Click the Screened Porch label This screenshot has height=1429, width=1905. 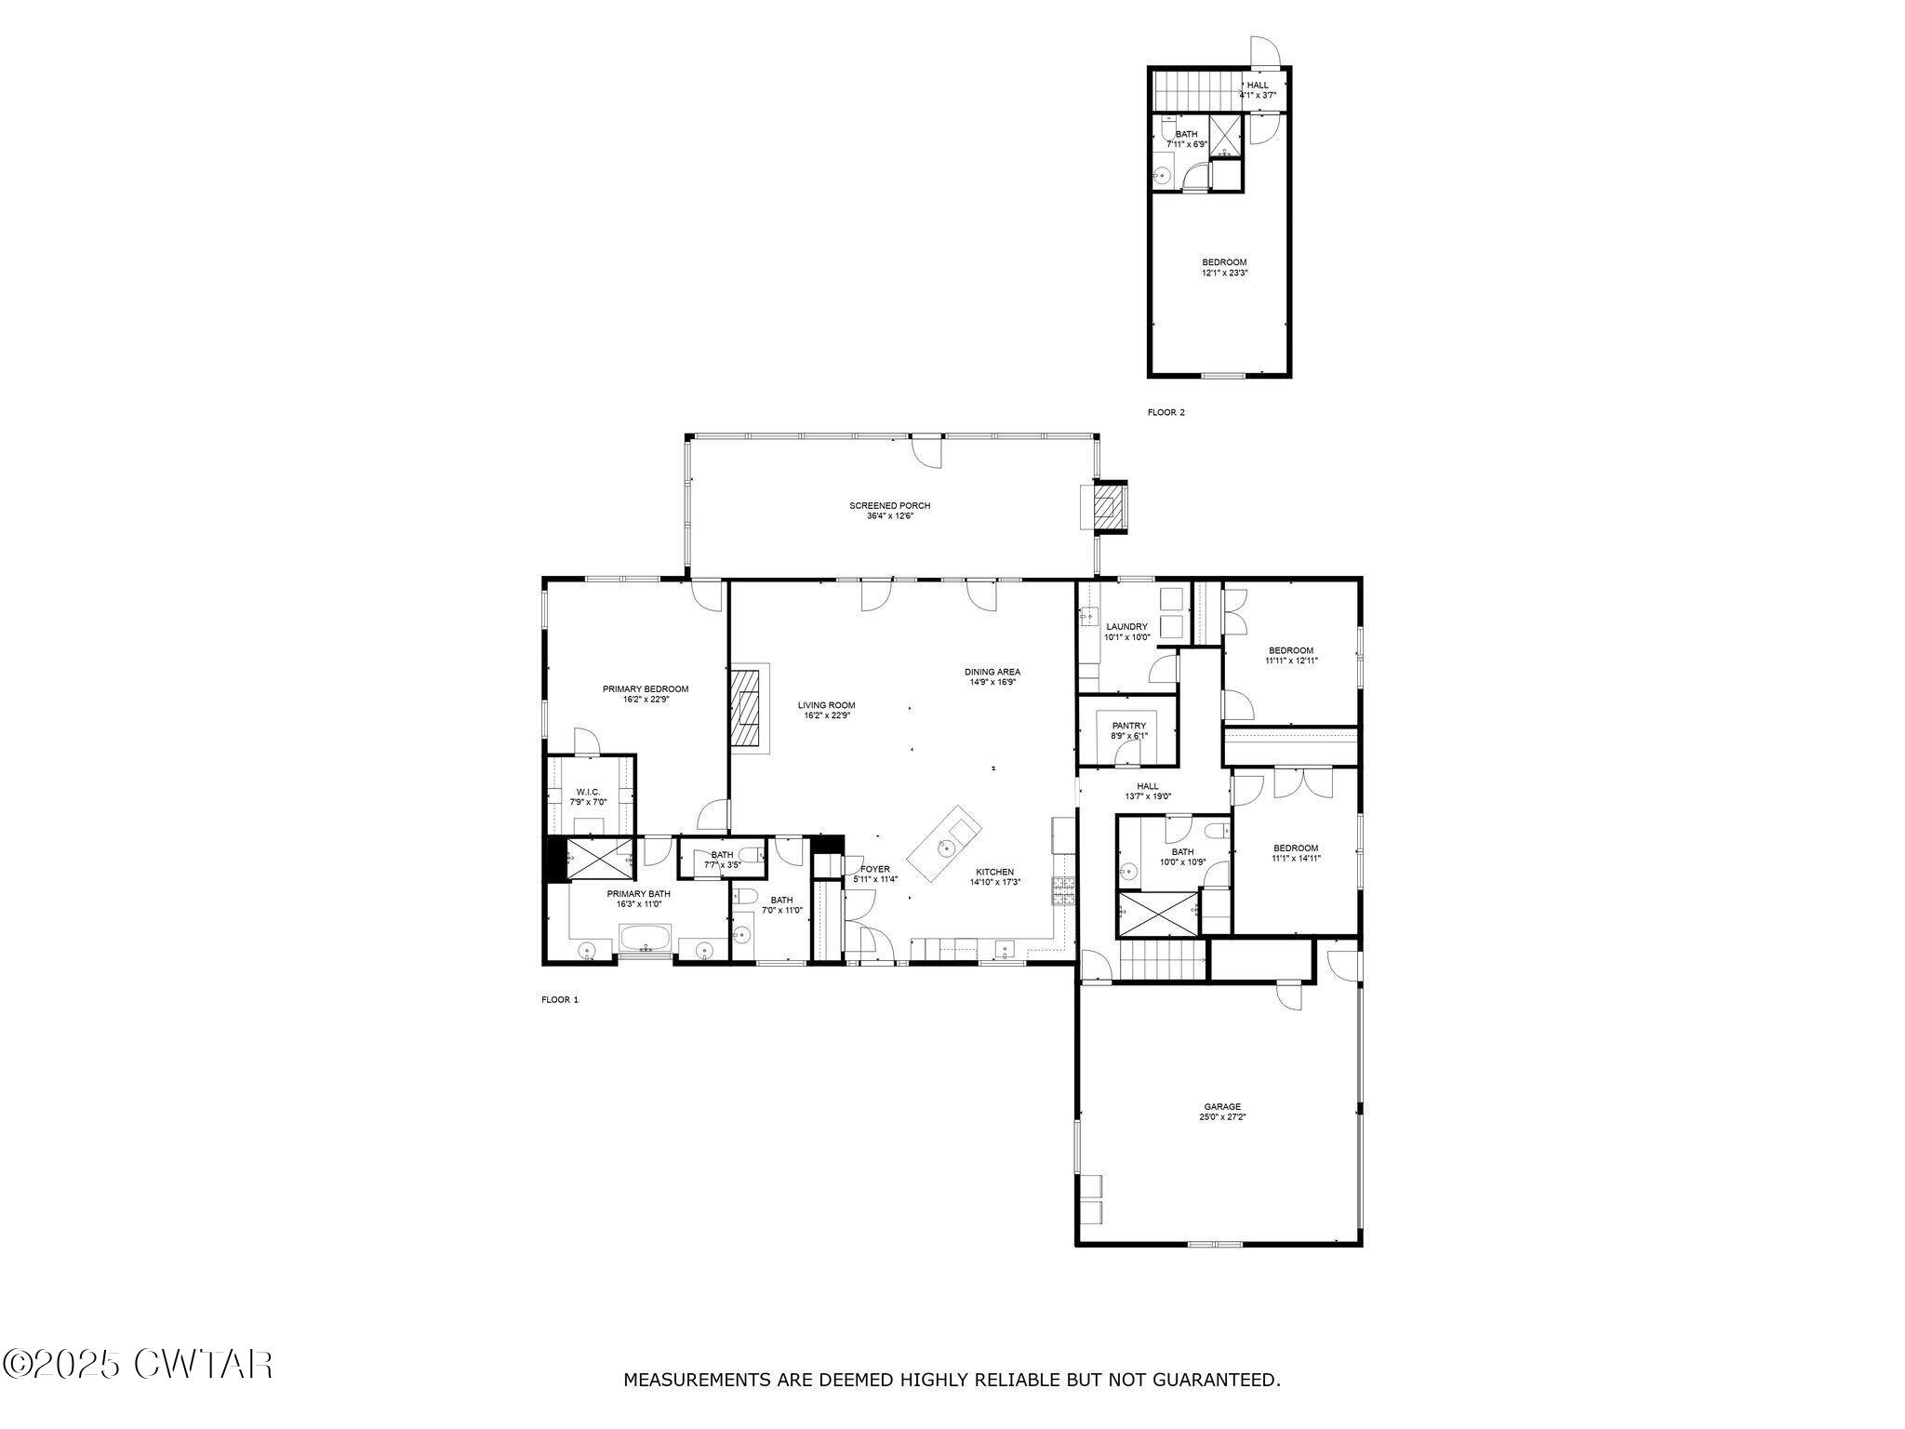tap(889, 506)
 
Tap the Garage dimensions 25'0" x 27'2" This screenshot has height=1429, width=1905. tap(1222, 1117)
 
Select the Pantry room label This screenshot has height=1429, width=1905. tap(1128, 726)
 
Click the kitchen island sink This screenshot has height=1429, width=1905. tap(946, 847)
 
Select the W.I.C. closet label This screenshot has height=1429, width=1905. tap(588, 792)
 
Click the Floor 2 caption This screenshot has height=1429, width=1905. tap(1166, 412)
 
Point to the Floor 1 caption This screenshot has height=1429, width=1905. tap(560, 1000)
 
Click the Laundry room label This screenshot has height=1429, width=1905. tap(1126, 627)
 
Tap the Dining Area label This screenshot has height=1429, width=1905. tap(992, 672)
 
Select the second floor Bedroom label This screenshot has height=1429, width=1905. tap(1223, 262)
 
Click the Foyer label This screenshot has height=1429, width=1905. tap(874, 869)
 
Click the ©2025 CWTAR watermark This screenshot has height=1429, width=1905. tap(138, 1365)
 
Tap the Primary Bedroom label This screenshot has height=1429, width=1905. tap(646, 689)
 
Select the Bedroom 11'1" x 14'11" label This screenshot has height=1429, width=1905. tap(1295, 848)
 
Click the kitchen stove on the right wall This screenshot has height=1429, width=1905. tap(1062, 890)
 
